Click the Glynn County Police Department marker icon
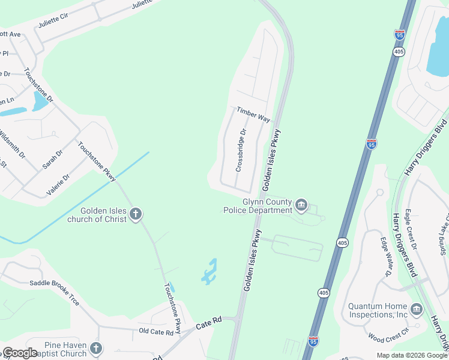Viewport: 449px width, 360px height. [x=301, y=206]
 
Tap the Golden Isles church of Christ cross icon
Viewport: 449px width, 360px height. [x=136, y=214]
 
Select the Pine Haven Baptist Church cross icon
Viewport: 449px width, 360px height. [x=96, y=348]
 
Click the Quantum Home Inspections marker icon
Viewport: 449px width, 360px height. [x=417, y=310]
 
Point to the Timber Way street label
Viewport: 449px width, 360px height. [x=253, y=115]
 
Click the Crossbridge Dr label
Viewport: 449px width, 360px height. [x=241, y=150]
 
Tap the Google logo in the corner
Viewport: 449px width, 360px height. [x=20, y=353]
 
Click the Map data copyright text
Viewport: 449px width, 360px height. [x=412, y=355]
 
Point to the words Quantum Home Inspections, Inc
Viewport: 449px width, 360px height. [x=378, y=310]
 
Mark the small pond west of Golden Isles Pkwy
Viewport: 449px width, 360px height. [x=209, y=272]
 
